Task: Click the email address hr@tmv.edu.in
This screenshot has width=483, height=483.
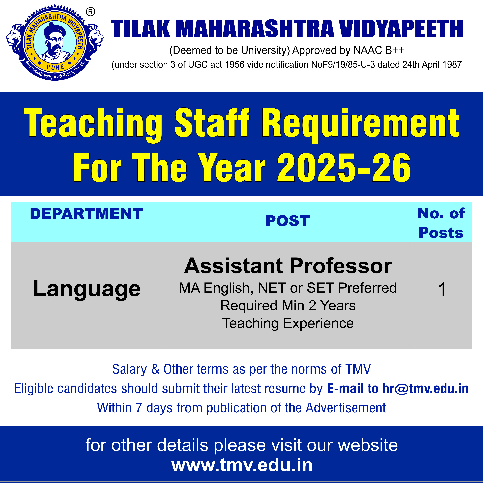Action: coord(425,388)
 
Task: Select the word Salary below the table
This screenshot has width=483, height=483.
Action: coord(130,369)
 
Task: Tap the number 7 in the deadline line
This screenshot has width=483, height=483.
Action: coord(139,408)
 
